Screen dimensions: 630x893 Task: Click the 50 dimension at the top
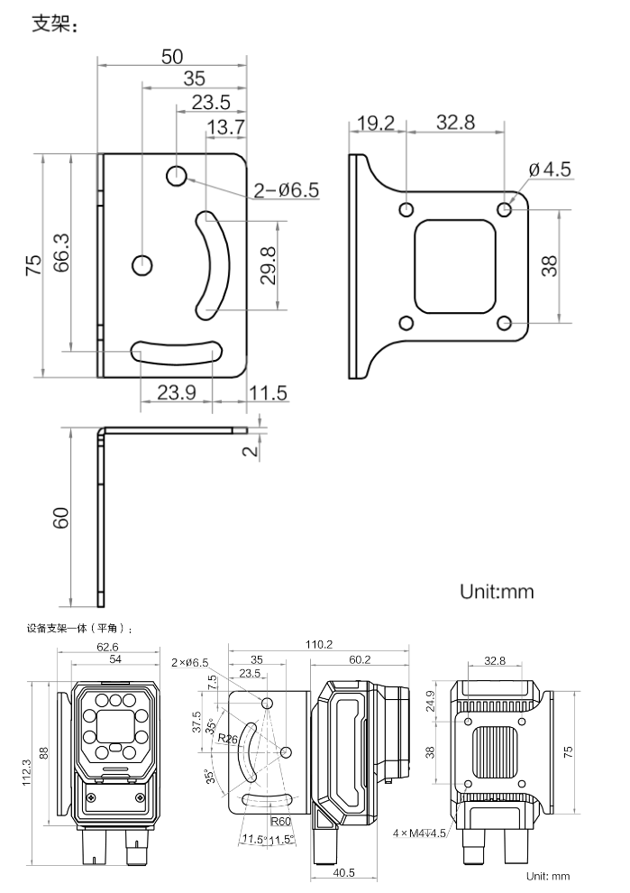pyautogui.click(x=172, y=57)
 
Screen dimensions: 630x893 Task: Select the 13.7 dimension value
pyautogui.click(x=226, y=127)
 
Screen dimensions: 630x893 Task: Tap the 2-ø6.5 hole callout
pyautogui.click(x=287, y=189)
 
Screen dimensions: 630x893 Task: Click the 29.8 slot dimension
pyautogui.click(x=267, y=265)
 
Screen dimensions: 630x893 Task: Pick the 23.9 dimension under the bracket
pyautogui.click(x=177, y=392)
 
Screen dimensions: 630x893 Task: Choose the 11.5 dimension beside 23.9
pyautogui.click(x=268, y=393)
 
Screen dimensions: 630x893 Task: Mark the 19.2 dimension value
pyautogui.click(x=376, y=123)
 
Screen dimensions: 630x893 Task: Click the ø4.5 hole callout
pyautogui.click(x=549, y=170)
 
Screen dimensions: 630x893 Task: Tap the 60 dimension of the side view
pyautogui.click(x=61, y=518)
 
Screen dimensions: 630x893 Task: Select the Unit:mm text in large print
pyautogui.click(x=497, y=591)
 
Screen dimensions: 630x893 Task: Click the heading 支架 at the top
pyautogui.click(x=53, y=24)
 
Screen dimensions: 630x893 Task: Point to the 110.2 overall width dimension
pyautogui.click(x=318, y=645)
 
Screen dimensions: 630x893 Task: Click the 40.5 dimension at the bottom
pyautogui.click(x=343, y=872)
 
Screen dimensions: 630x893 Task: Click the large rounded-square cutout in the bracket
pyautogui.click(x=455, y=266)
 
